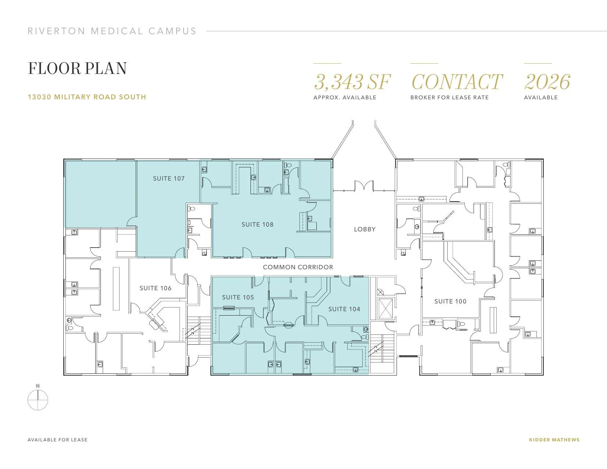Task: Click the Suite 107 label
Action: pos(169,178)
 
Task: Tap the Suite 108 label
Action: pos(257,225)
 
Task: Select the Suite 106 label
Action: pos(155,288)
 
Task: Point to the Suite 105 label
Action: pos(238,298)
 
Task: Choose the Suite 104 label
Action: pos(344,309)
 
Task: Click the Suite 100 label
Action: pos(450,301)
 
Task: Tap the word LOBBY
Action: pos(365,229)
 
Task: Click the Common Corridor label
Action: pos(298,267)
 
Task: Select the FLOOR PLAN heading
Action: pos(77,68)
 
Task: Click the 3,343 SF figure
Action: pos(352,82)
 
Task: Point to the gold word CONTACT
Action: pos(457,82)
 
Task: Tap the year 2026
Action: pos(547,82)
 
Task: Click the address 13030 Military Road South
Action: pos(87,97)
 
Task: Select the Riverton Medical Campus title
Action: pos(112,31)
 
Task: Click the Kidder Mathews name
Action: pos(554,440)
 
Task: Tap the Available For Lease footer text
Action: pos(57,440)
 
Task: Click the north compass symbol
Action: pos(38,398)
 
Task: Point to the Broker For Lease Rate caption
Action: pos(450,97)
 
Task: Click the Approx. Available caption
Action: pos(345,97)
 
